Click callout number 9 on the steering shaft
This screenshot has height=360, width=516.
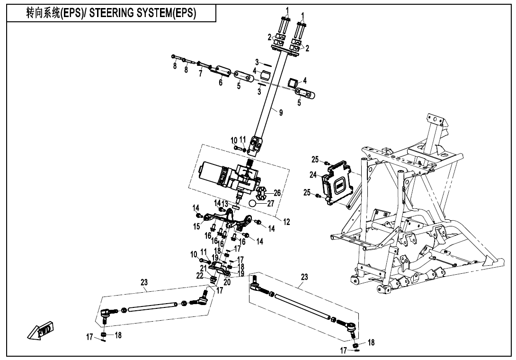click(281, 113)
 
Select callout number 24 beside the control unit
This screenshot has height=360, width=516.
click(313, 174)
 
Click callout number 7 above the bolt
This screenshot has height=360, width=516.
click(201, 73)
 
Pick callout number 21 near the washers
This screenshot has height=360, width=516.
click(203, 268)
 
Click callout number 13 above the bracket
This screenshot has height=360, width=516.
click(225, 204)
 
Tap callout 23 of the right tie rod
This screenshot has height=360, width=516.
click(304, 277)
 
